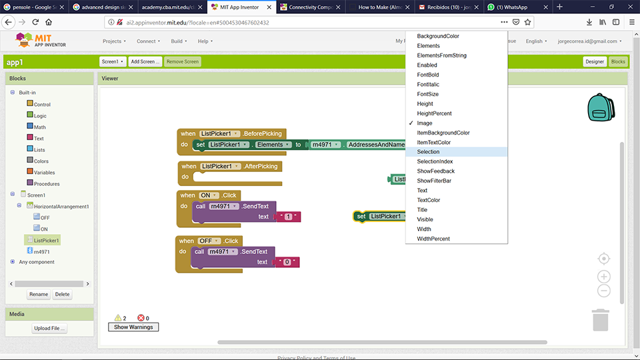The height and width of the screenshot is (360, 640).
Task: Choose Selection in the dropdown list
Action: click(428, 152)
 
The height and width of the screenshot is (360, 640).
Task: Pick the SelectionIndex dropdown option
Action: click(435, 161)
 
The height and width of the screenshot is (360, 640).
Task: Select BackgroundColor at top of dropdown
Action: click(437, 36)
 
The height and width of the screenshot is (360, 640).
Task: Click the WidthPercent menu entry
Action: click(433, 239)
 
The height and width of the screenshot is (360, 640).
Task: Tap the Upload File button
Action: click(49, 329)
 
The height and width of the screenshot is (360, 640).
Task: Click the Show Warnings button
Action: click(133, 327)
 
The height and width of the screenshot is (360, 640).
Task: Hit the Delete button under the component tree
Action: click(62, 294)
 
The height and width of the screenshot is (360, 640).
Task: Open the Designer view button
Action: click(594, 61)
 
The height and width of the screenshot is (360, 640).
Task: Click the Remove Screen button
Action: click(183, 61)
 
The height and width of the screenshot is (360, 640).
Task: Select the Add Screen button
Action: click(145, 61)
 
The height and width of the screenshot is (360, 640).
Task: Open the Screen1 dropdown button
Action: click(113, 61)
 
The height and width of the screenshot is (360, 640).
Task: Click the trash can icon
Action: click(601, 319)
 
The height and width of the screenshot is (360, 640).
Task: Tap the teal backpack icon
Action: click(600, 107)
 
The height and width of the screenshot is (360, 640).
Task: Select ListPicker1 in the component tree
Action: click(46, 240)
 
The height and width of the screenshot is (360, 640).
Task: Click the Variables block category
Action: click(44, 173)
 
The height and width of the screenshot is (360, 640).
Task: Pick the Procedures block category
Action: click(46, 184)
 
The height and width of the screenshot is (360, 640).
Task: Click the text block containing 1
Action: click(289, 217)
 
